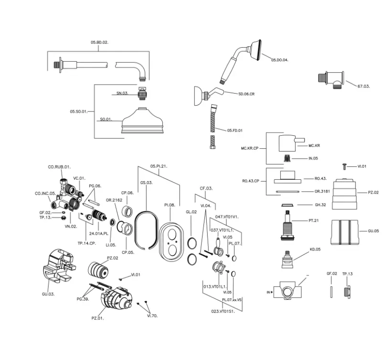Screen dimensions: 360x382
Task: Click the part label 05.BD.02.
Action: (x=99, y=43)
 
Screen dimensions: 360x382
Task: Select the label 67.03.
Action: (x=364, y=86)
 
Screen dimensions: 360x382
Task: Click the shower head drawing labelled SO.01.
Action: (x=142, y=122)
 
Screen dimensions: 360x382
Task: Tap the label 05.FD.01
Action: (x=235, y=130)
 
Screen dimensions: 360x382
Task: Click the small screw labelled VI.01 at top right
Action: (x=344, y=166)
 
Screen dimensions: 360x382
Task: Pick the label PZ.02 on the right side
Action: (x=373, y=192)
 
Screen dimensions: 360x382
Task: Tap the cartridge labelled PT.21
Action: (x=289, y=224)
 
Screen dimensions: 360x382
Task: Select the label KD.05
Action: (x=315, y=249)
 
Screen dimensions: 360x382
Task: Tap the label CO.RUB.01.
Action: (x=59, y=167)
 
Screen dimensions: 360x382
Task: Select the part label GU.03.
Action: (x=48, y=294)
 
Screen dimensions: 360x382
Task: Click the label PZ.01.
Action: (x=98, y=318)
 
